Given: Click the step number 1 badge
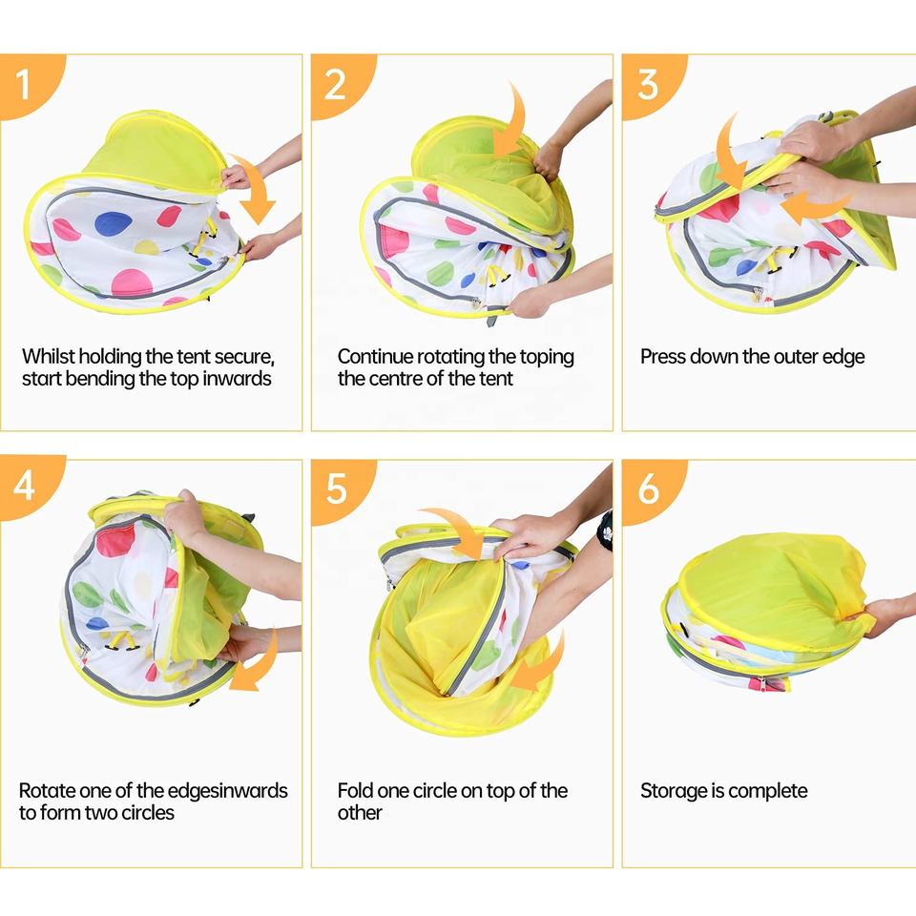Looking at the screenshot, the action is tap(27, 83).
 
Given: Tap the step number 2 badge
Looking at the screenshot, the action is tap(338, 83).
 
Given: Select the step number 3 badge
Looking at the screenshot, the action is tap(649, 83).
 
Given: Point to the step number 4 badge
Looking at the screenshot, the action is tap(27, 485).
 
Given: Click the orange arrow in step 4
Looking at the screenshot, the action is tap(257, 663).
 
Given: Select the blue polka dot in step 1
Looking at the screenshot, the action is tap(114, 222).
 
